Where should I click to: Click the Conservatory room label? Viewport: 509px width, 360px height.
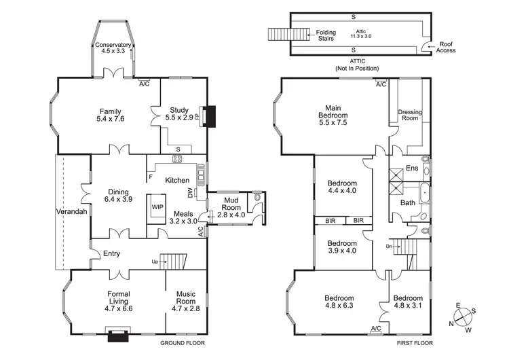pyautogui.click(x=113, y=46)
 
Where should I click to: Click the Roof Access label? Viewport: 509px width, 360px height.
pyautogui.click(x=446, y=46)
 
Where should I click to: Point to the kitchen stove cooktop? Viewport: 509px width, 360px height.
pyautogui.click(x=177, y=159)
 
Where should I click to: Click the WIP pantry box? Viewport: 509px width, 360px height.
pyautogui.click(x=157, y=207)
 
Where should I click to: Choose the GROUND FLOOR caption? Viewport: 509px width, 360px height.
pyautogui.click(x=183, y=343)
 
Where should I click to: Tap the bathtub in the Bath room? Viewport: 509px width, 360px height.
pyautogui.click(x=425, y=194)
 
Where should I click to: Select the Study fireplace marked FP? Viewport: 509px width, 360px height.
pyautogui.click(x=197, y=116)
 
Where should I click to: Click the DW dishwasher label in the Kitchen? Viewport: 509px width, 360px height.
pyautogui.click(x=191, y=193)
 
